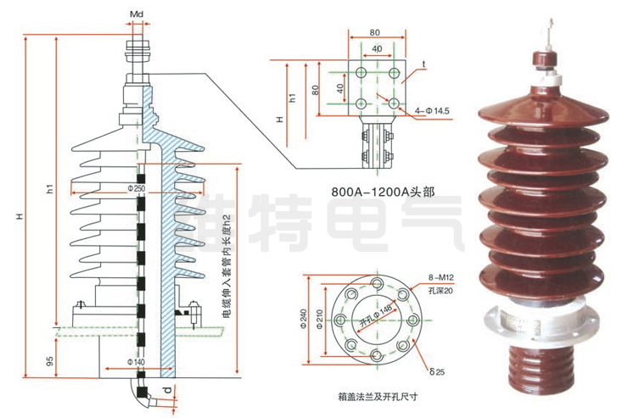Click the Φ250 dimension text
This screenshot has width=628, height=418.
137,187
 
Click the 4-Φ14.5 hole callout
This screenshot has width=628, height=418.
432,111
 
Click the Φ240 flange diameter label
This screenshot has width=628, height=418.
304,319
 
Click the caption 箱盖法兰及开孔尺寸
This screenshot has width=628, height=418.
380,394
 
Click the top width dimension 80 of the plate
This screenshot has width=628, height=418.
375,32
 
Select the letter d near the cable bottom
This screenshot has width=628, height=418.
166,391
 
